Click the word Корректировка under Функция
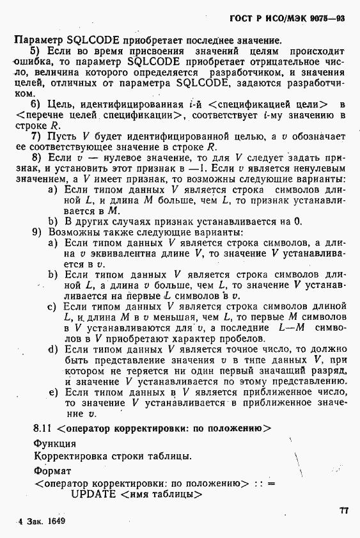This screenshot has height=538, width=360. pyautogui.click(x=66, y=456)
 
